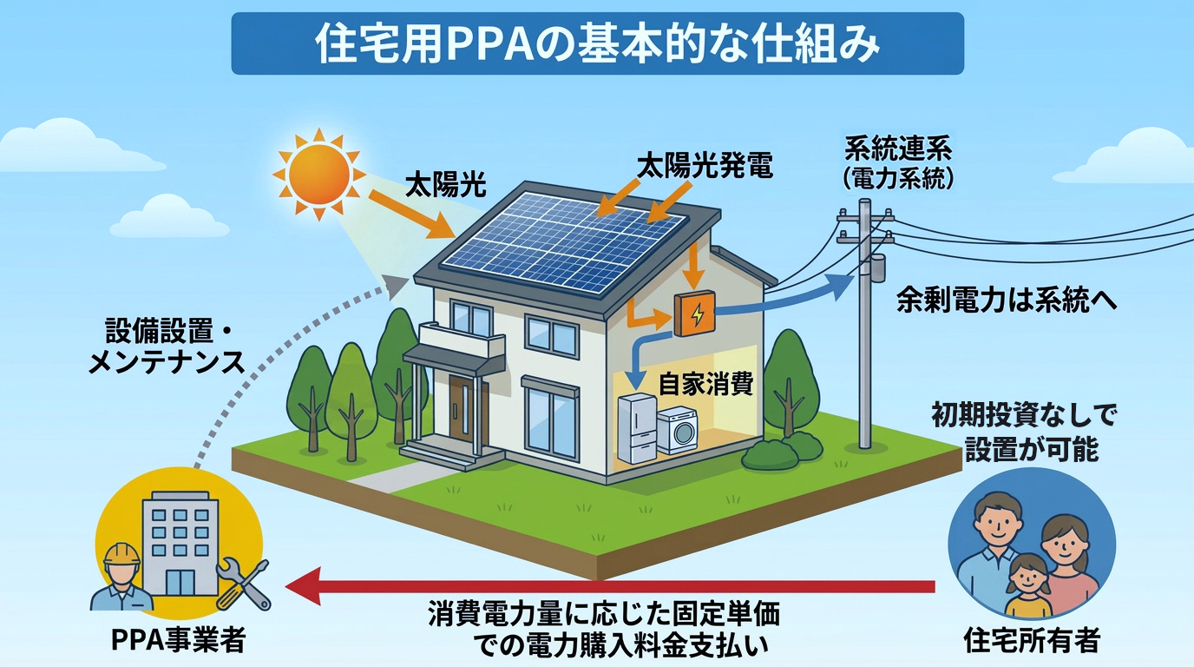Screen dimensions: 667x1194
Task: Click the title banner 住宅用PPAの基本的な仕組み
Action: [x=597, y=44]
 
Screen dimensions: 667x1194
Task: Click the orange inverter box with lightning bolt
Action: [x=695, y=314]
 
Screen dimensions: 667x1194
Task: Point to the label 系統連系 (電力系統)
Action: [x=897, y=163]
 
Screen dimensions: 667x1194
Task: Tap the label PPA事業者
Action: [x=179, y=641]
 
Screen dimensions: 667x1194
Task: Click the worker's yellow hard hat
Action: [x=118, y=555]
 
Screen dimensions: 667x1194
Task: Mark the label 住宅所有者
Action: [x=1032, y=641]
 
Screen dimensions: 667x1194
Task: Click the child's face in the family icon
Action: [x=1027, y=574]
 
